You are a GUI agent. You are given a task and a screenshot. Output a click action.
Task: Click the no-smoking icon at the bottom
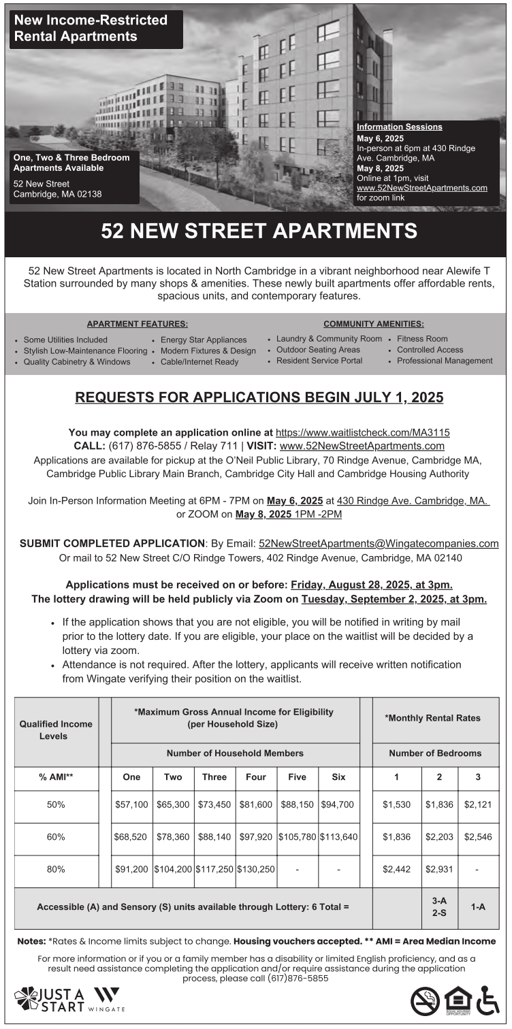[x=425, y=1000]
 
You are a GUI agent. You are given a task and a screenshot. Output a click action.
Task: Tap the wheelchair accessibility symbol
[x=487, y=1000]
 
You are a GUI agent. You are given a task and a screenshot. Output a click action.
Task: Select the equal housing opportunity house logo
[x=457, y=1000]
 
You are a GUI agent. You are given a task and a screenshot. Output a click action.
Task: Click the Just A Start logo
[x=50, y=1000]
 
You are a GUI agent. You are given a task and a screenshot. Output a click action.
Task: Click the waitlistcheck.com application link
[x=362, y=432]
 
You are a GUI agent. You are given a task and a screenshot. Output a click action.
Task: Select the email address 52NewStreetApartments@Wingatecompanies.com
[x=379, y=544]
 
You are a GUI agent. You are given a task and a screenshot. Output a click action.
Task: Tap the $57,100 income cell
[x=131, y=804]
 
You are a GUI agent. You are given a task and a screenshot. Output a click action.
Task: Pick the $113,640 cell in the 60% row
[x=338, y=837]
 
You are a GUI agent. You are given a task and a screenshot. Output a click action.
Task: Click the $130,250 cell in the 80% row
[x=256, y=869]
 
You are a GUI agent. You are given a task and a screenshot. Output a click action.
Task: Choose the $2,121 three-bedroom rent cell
[x=478, y=804]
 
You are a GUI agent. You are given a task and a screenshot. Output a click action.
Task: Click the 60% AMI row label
[x=56, y=837]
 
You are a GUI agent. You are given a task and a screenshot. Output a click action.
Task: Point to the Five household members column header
[x=297, y=777]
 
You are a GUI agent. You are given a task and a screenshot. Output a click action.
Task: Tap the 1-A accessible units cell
[x=478, y=906]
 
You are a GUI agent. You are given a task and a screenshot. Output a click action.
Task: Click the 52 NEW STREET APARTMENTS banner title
[x=259, y=231]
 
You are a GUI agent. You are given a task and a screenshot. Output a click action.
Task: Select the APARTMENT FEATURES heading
[x=138, y=324]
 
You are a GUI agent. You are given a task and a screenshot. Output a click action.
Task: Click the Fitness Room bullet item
[x=422, y=338]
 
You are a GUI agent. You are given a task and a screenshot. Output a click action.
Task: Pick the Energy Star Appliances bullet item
[x=204, y=340]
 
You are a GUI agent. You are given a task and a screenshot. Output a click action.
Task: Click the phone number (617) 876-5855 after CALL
[x=144, y=446]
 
